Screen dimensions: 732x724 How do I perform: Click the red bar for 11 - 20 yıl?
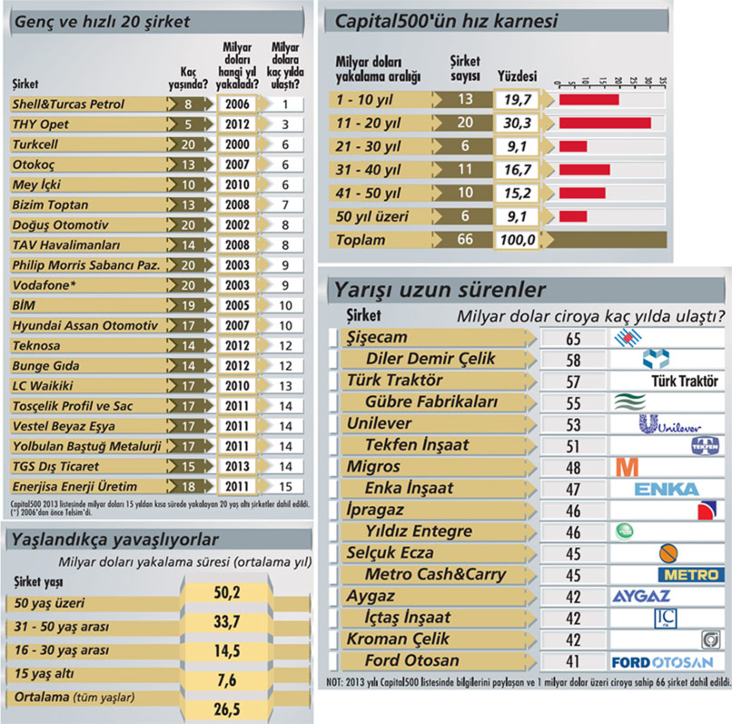coord(605,123)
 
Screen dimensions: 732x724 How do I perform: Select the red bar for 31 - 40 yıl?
coord(585,170)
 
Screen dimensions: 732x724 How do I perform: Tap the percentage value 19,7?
coord(518,100)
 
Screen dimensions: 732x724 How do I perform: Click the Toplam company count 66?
coord(465,239)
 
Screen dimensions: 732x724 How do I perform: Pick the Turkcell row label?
coord(35,144)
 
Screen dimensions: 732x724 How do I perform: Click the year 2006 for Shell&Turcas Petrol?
coord(237,104)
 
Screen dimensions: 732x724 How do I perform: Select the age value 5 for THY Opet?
coord(188,124)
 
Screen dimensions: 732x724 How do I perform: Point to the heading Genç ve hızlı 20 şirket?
coord(103,22)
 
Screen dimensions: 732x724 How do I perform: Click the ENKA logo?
coord(667,489)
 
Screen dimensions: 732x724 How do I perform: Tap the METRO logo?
coord(691,574)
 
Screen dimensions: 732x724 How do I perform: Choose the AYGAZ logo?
coord(641,596)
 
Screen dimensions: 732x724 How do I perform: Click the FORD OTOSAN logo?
coord(662,662)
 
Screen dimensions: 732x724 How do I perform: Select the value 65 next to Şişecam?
coord(573,339)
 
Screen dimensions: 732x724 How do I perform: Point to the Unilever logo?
coord(669,424)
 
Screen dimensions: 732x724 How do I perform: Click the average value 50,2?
coord(227,593)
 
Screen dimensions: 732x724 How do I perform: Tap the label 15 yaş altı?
coord(44,673)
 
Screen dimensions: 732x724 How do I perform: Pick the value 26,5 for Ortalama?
coord(227,709)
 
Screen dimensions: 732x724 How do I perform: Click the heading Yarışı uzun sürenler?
coord(440,290)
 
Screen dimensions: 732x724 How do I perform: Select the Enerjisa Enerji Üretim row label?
coord(74,486)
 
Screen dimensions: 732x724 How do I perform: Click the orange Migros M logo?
coord(628,467)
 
